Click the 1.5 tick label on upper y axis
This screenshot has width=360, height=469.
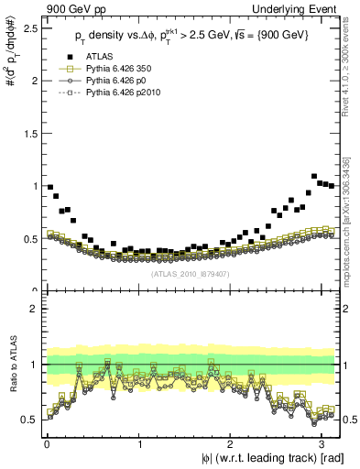(28, 133)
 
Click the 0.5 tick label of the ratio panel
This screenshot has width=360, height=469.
(28, 420)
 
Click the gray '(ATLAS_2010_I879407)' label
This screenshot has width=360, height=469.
(190, 272)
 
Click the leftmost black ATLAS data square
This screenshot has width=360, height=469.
(49, 187)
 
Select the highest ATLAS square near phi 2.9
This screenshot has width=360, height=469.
(314, 176)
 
